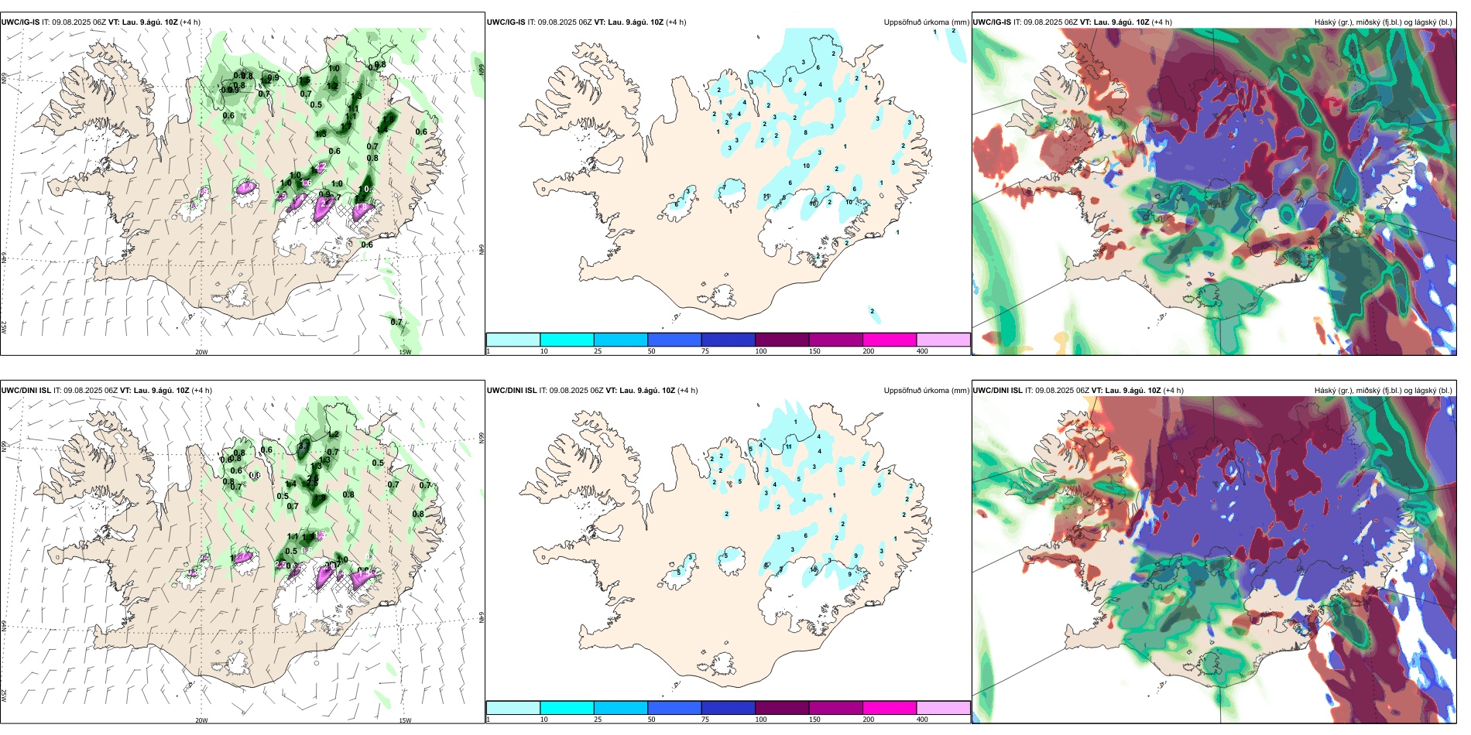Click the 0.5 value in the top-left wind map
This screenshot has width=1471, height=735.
tap(316, 104)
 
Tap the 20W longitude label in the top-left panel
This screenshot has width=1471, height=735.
tap(201, 352)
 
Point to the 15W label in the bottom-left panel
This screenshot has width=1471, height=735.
tap(404, 720)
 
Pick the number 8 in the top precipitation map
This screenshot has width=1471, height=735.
tap(805, 132)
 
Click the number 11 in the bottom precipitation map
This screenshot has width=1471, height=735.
tap(789, 446)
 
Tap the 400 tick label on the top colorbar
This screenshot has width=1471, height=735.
tap(922, 351)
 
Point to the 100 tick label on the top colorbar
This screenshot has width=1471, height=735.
tap(761, 351)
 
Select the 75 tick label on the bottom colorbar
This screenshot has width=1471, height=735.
tap(705, 720)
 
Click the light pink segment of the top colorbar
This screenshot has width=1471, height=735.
tap(943, 340)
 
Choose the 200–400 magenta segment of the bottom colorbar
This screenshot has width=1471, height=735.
tap(890, 708)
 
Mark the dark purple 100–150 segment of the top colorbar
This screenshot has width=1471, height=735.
tap(782, 340)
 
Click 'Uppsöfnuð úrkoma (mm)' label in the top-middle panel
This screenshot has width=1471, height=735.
tap(926, 22)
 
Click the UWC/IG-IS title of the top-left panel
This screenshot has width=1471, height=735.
tap(21, 22)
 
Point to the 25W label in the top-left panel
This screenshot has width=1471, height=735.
tap(4, 327)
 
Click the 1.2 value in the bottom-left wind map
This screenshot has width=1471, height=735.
tap(334, 435)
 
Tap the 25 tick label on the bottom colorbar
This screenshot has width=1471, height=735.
tap(598, 720)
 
